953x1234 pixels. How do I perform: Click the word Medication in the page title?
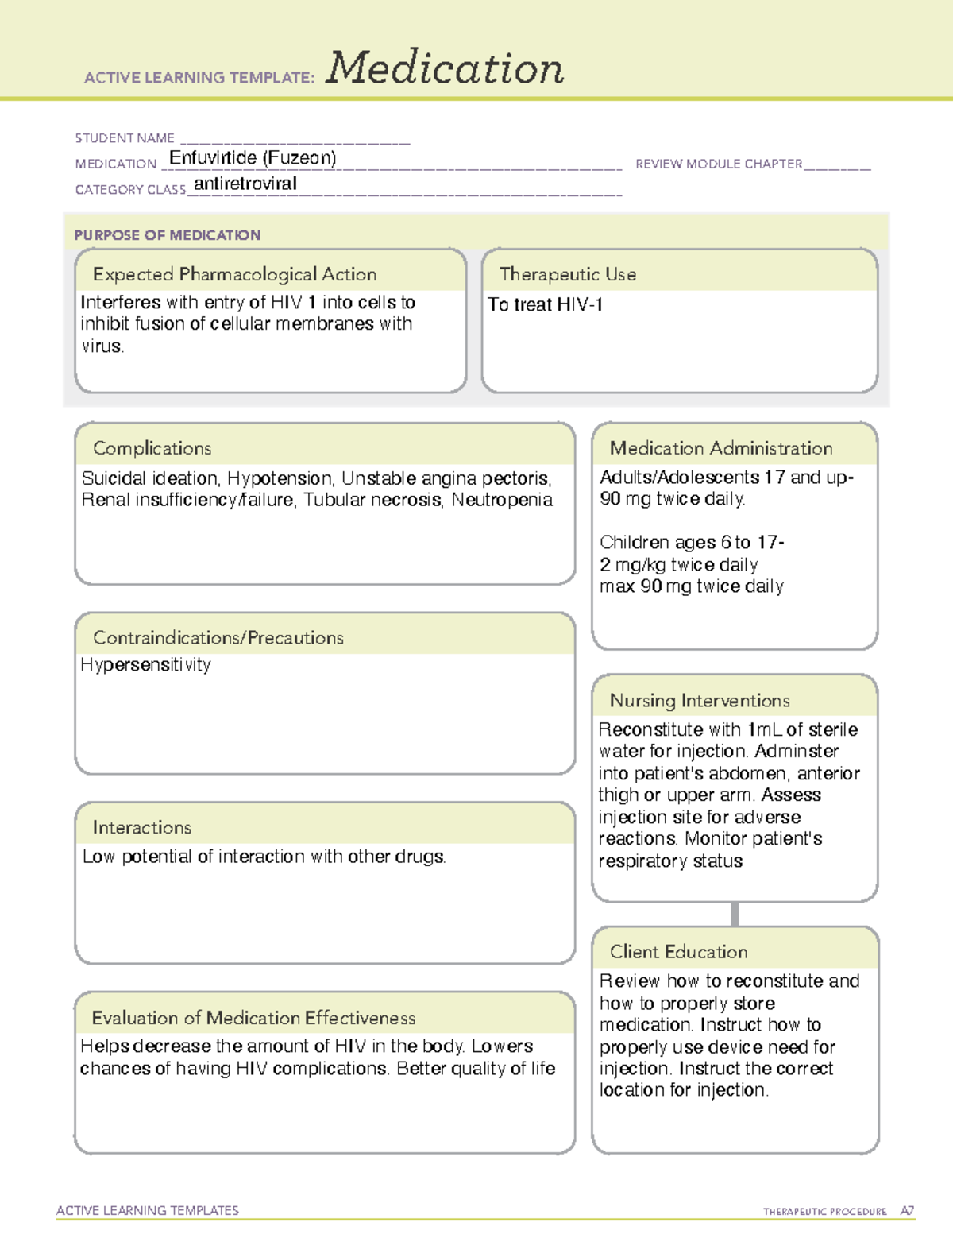[x=445, y=68]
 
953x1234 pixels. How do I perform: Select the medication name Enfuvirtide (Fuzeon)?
[x=253, y=158]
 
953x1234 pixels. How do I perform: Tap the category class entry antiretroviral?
[x=245, y=184]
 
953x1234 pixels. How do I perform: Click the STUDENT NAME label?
[x=125, y=138]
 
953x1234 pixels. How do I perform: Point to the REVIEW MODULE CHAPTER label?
[x=719, y=164]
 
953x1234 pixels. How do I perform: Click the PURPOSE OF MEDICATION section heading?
[x=168, y=235]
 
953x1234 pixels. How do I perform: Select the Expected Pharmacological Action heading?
[x=234, y=274]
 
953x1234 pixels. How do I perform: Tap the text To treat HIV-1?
[x=545, y=304]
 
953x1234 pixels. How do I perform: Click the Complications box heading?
[x=152, y=448]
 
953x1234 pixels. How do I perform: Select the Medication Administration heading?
[x=720, y=448]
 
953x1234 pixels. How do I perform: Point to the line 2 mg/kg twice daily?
[x=678, y=565]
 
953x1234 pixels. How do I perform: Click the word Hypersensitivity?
[x=145, y=665]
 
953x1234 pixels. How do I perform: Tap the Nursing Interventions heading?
[x=699, y=701]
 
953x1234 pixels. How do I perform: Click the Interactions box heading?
[x=141, y=828]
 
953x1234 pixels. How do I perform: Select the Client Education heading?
[x=678, y=952]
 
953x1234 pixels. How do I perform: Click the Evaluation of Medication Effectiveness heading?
[x=253, y=1018]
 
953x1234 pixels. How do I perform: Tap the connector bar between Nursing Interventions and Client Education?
[x=735, y=914]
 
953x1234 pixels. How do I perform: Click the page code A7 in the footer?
[x=906, y=1211]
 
